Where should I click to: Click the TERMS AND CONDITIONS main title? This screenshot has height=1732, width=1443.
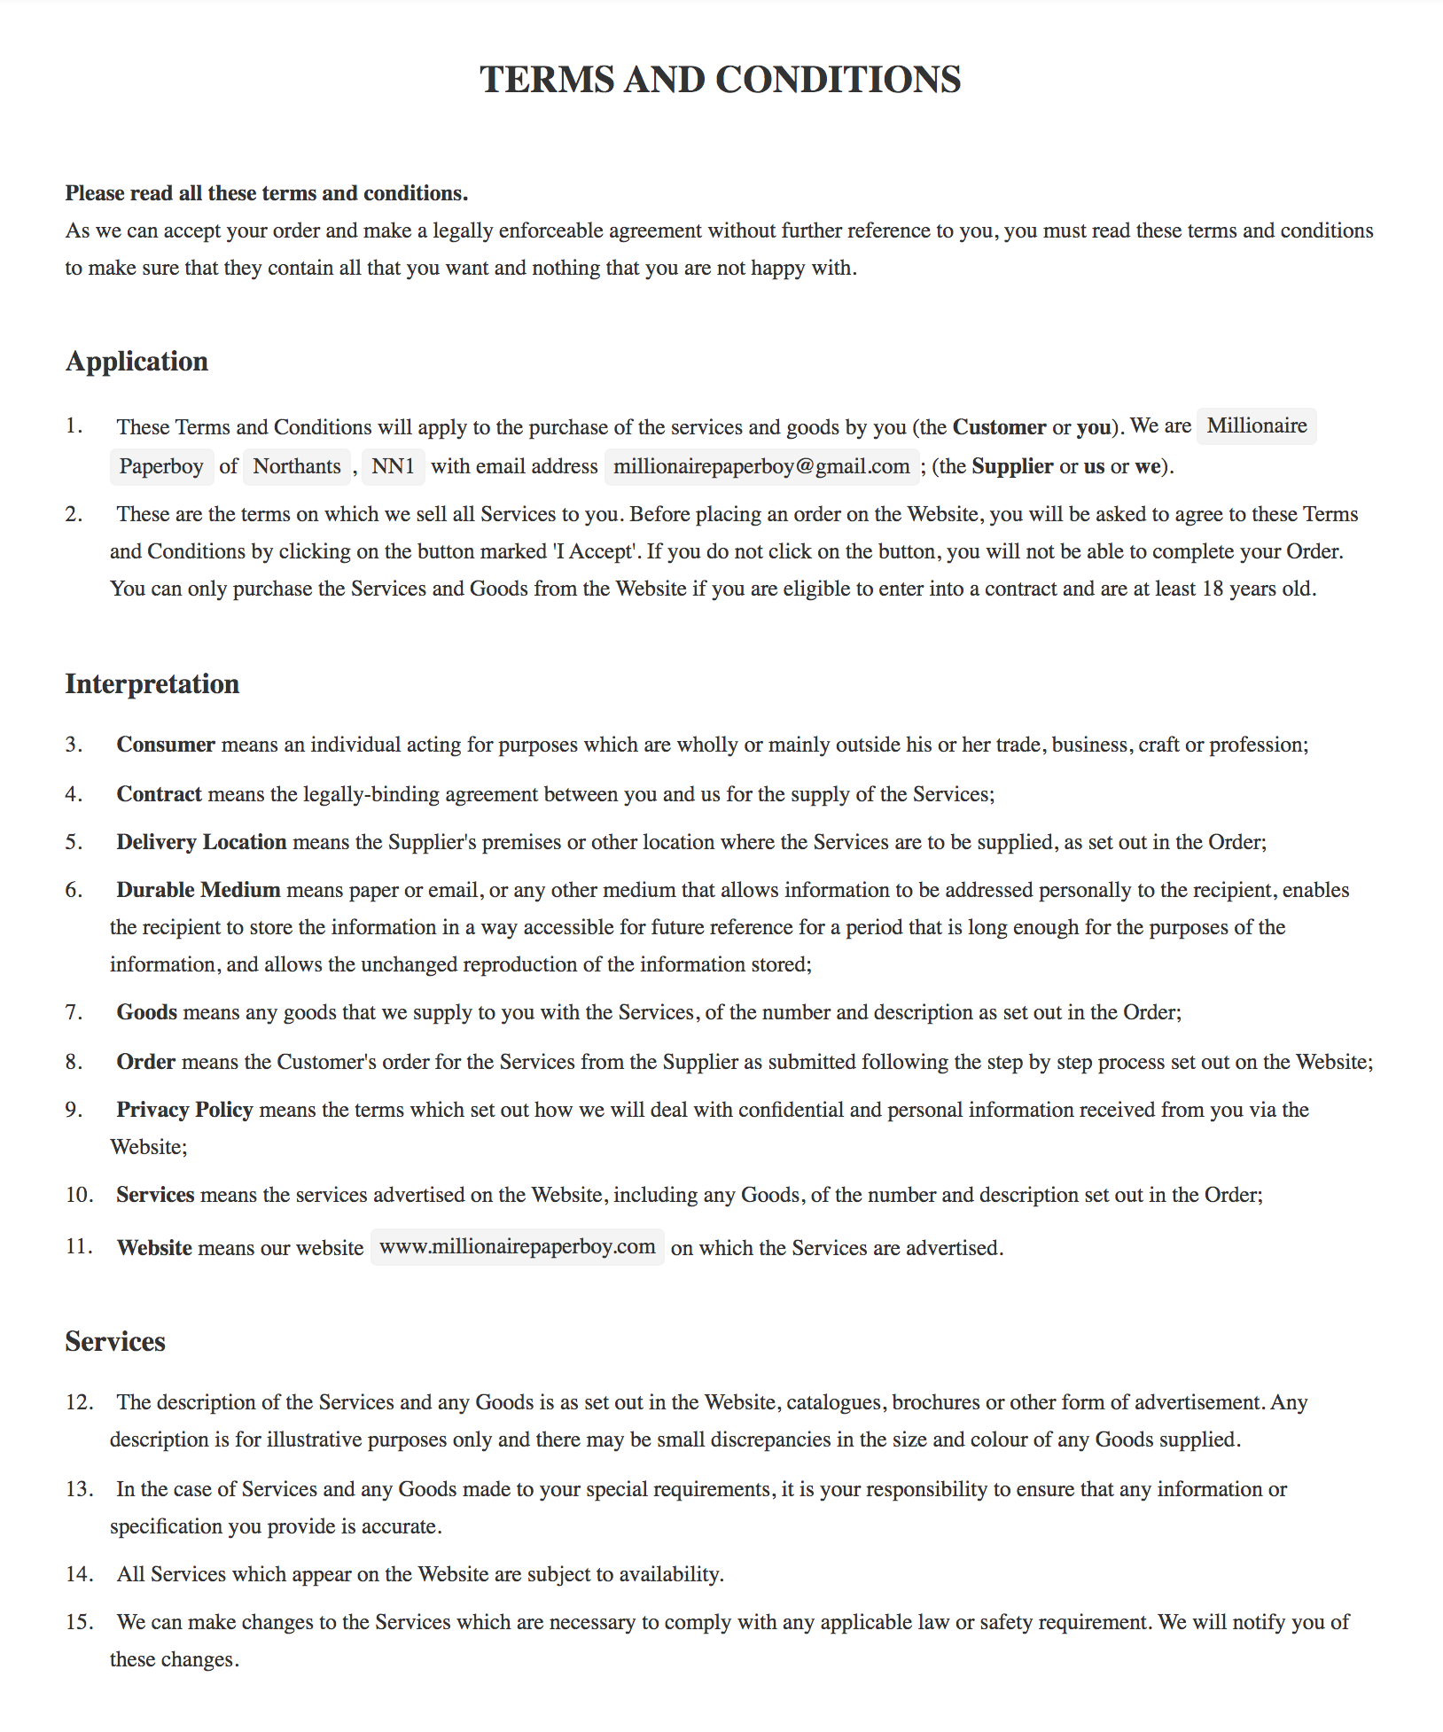click(x=720, y=80)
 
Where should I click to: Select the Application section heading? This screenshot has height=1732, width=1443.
click(x=136, y=362)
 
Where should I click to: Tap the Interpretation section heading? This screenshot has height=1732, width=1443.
click(x=152, y=684)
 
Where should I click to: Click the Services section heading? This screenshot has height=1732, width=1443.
click(x=115, y=1341)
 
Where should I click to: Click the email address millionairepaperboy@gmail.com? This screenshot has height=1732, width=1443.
click(x=761, y=467)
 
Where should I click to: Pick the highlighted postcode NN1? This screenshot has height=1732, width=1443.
click(x=393, y=467)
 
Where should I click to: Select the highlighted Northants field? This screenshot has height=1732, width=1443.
click(x=297, y=467)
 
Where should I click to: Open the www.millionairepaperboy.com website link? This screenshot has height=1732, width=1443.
click(x=517, y=1247)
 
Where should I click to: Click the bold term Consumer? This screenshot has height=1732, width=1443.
click(x=166, y=745)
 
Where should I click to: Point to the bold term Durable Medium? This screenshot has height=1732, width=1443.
click(x=199, y=890)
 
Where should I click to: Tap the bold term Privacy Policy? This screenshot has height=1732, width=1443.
click(x=184, y=1110)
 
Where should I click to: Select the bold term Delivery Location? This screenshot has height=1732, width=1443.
click(x=201, y=842)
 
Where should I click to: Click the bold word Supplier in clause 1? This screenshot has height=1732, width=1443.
click(x=1012, y=467)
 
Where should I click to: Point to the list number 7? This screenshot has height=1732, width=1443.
click(x=74, y=1012)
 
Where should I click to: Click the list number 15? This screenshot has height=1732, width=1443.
click(x=79, y=1622)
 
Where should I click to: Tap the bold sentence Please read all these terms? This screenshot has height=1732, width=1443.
click(x=266, y=193)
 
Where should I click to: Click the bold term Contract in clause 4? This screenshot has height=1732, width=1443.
click(x=159, y=794)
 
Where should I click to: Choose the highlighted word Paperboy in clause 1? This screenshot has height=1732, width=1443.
click(x=161, y=467)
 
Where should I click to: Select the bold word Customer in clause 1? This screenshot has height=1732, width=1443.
click(x=999, y=427)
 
